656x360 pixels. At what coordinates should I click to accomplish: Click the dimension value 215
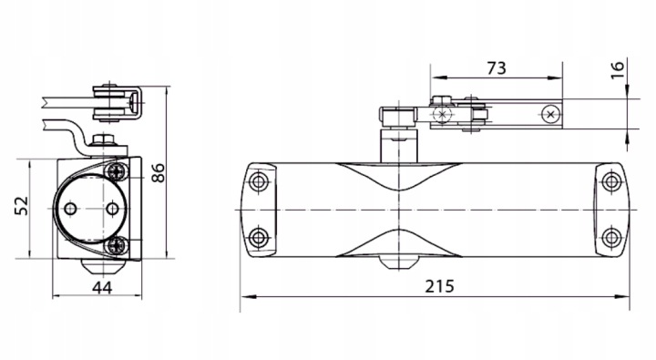(439, 286)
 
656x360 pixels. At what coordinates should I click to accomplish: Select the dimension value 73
(497, 67)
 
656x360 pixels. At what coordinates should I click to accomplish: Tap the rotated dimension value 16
(618, 69)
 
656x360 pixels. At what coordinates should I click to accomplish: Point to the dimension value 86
(159, 173)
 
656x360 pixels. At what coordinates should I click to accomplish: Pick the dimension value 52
(22, 206)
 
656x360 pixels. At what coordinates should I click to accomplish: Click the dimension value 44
(102, 288)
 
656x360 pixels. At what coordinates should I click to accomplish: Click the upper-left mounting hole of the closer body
(259, 181)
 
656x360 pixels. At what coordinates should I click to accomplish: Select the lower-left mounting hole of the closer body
(259, 238)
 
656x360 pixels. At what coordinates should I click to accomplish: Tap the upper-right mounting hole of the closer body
(611, 181)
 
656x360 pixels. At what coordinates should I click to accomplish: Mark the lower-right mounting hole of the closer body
(611, 238)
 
